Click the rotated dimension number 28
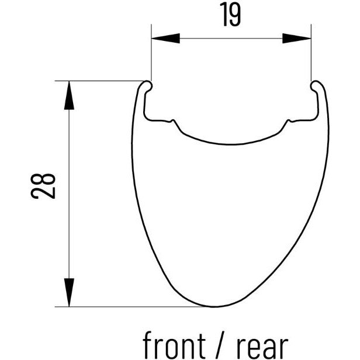(x=44, y=186)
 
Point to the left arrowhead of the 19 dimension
(x=164, y=38)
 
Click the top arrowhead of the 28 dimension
(x=69, y=95)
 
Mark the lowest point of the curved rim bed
(x=231, y=144)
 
